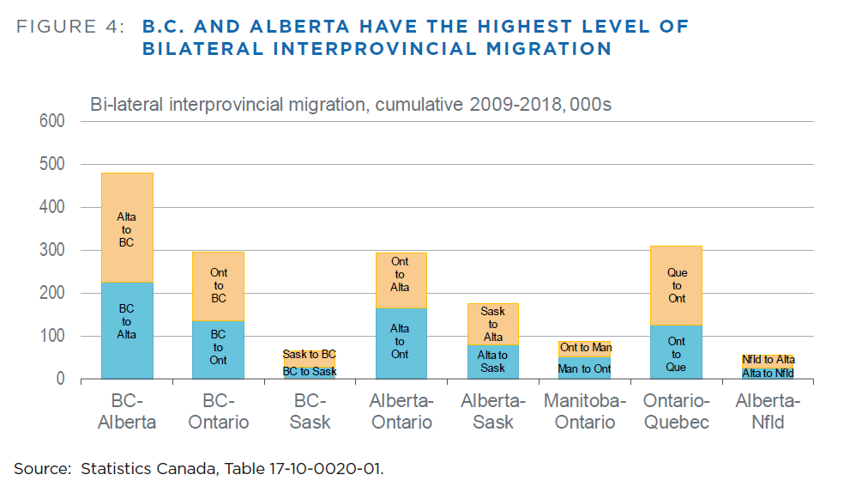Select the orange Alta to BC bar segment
pyautogui.click(x=127, y=228)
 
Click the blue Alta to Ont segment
pyautogui.click(x=401, y=343)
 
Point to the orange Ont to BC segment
pyautogui.click(x=218, y=286)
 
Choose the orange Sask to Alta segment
pyautogui.click(x=493, y=324)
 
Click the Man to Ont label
pyautogui.click(x=585, y=369)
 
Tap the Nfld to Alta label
pyautogui.click(x=768, y=359)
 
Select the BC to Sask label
pyautogui.click(x=310, y=371)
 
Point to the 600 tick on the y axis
pyautogui.click(x=51, y=121)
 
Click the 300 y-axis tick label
pyautogui.click(x=51, y=250)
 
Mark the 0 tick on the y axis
pyautogui.click(x=60, y=379)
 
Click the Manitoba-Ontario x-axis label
pyautogui.click(x=585, y=411)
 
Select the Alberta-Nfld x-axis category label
pyautogui.click(x=768, y=411)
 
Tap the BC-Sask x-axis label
pyautogui.click(x=310, y=411)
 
